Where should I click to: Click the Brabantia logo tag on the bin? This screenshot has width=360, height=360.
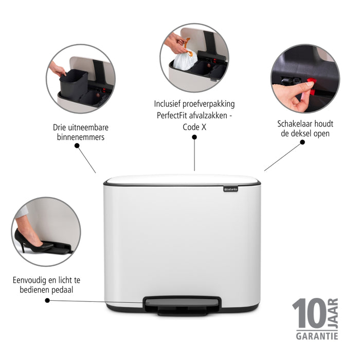231,189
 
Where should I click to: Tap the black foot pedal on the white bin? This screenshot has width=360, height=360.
183,304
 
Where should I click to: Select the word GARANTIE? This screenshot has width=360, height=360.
317,336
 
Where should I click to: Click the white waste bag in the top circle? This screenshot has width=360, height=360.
184,61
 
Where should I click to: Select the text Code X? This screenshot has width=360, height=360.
194,126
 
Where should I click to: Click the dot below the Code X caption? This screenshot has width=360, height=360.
194,137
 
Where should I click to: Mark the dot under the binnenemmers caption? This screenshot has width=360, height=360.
77,146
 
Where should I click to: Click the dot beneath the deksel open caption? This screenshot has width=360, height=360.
303,142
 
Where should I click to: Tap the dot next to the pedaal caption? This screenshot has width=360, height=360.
47,300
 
